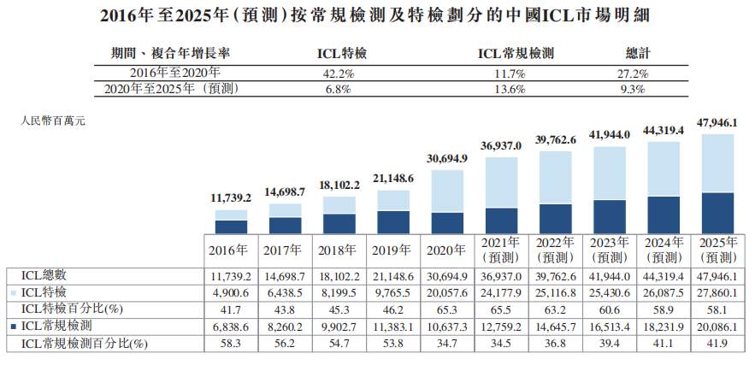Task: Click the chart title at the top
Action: pos(378,15)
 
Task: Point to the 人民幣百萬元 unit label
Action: pos(52,121)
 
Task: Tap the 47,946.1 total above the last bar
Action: pos(718,123)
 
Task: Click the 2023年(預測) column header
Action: pos(610,250)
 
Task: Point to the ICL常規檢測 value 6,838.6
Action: pos(230,325)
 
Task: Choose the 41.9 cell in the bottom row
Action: pos(718,342)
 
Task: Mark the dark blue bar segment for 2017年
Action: pos(284,225)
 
